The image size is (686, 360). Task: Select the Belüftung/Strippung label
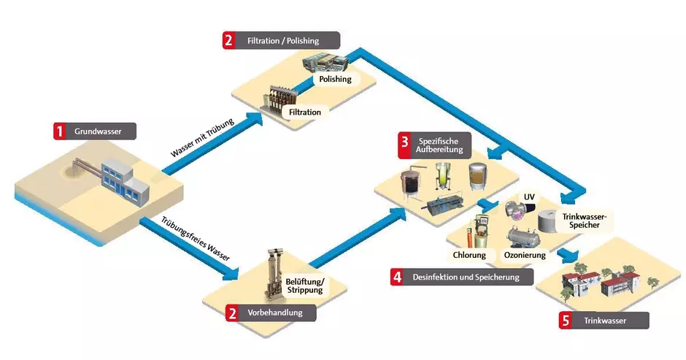click(304, 285)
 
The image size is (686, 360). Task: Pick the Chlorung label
click(470, 256)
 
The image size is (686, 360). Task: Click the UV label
click(530, 197)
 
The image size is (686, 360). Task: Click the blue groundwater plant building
click(120, 179)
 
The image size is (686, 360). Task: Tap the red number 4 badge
click(396, 277)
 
